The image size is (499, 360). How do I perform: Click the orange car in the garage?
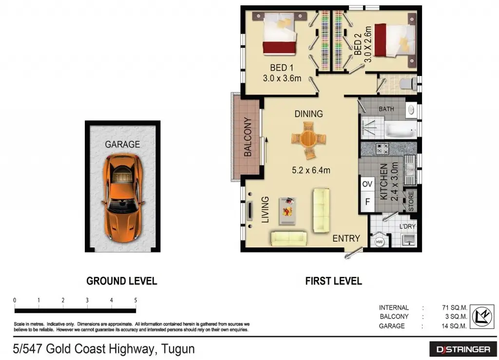[x=122, y=198]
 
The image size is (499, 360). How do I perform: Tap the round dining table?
[x=308, y=139]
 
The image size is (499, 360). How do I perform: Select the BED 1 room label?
[x=282, y=68]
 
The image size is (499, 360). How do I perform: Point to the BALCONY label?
[x=248, y=137]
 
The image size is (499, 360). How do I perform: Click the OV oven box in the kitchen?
[x=367, y=184]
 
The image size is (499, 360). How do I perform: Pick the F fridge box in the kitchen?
[x=367, y=202]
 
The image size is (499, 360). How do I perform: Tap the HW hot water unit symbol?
[x=379, y=242]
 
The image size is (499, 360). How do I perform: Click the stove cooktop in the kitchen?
[x=382, y=149]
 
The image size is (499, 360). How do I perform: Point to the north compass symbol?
[x=482, y=317]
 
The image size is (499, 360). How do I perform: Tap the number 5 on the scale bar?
[x=135, y=300]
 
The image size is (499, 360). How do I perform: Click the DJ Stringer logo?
[x=463, y=349]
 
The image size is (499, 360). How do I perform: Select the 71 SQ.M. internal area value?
[x=455, y=307]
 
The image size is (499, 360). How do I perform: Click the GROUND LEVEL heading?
[x=121, y=281]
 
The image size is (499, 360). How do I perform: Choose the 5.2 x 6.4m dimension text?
[x=311, y=171]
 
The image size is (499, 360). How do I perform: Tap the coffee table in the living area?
[x=288, y=211]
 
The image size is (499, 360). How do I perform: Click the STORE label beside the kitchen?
[x=411, y=201]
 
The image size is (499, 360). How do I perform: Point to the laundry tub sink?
[x=409, y=240]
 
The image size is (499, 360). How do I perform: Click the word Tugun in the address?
[x=178, y=349]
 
